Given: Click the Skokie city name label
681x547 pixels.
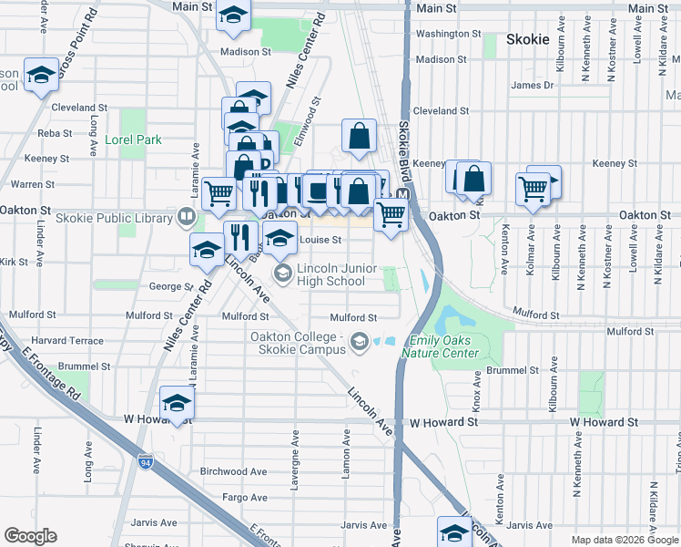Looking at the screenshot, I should click(529, 39).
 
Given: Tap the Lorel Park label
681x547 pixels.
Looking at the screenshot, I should click(133, 139).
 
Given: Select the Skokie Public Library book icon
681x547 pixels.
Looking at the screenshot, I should click(186, 217).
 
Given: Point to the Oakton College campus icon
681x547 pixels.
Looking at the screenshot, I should click(360, 342).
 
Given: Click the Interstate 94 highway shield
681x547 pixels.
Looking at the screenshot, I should click(146, 462).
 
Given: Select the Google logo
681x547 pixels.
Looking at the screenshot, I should click(30, 536).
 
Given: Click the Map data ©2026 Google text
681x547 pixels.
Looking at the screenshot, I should click(625, 540).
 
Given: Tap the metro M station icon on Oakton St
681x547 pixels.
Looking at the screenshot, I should click(401, 196).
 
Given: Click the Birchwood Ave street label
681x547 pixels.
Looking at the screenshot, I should click(233, 471).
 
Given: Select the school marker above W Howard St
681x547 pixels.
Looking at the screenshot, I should click(177, 403).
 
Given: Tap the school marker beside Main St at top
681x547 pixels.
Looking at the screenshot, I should click(234, 16).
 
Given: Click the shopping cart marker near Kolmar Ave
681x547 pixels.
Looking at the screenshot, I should click(533, 190).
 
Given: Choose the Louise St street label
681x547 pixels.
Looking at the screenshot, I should click(320, 241).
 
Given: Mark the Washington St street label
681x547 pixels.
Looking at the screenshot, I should click(448, 34).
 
